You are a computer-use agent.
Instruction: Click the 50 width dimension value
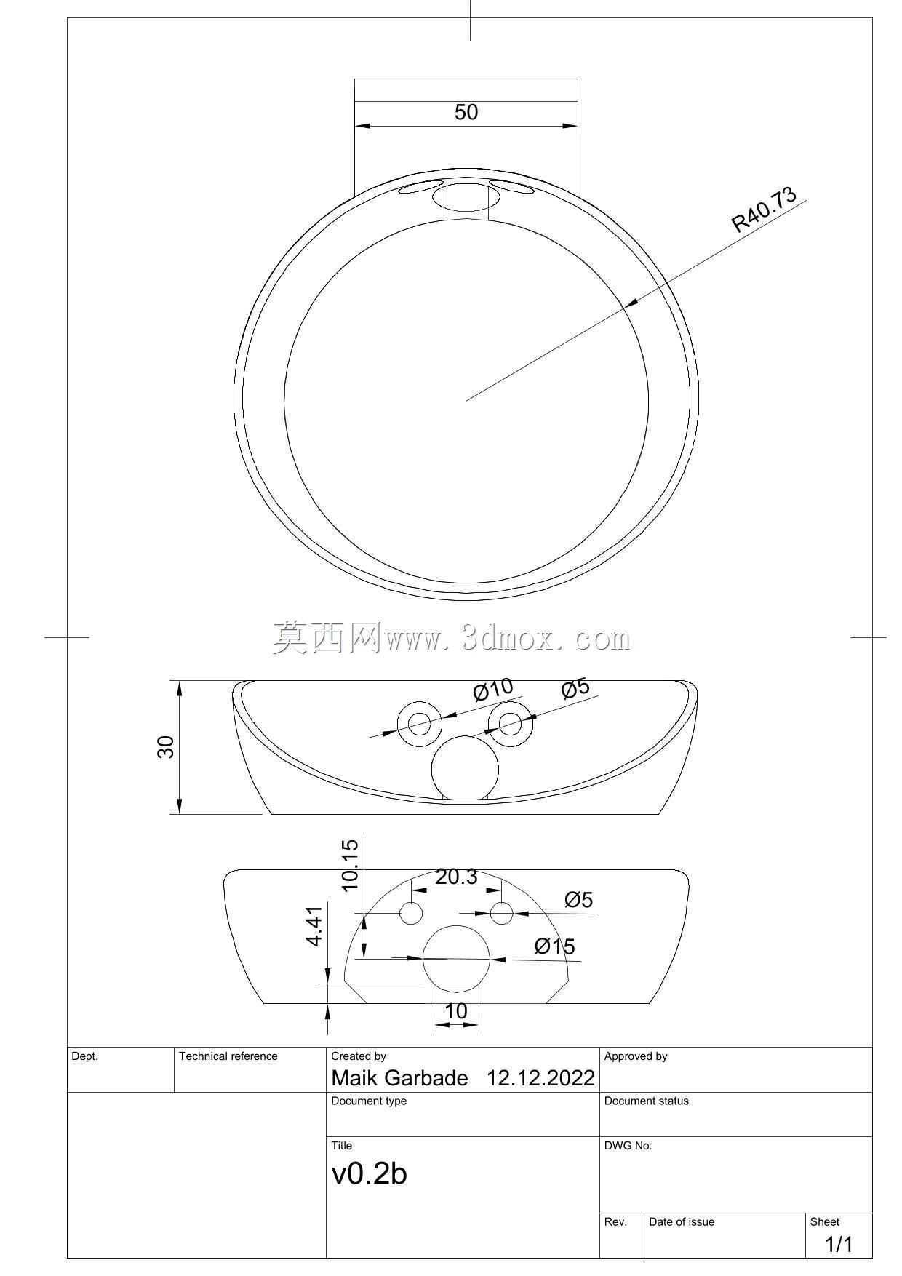coord(466,112)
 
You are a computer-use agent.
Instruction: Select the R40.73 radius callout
coord(765,210)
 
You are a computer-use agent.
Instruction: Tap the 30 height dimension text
coord(166,747)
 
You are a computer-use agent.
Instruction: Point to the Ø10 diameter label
coord(493,689)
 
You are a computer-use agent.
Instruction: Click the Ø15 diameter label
coord(554,946)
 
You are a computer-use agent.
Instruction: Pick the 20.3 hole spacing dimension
coord(456,877)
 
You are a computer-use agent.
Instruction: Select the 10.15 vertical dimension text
coord(350,865)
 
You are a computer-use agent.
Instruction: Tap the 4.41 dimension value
coord(314,926)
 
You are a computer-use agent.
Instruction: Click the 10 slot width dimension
coord(455,1011)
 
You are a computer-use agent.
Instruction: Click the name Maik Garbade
coord(399,1078)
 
